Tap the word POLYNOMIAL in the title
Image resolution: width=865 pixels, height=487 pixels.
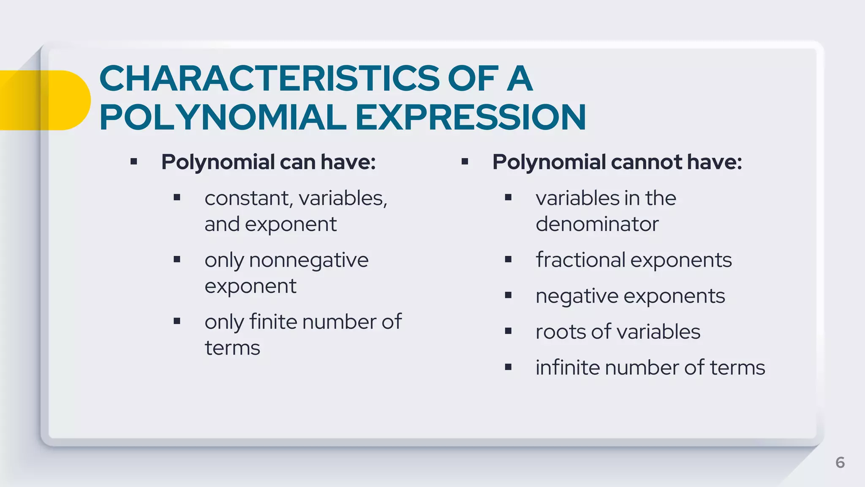pyautogui.click(x=223, y=118)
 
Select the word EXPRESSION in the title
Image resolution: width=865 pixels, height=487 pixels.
pyautogui.click(x=470, y=118)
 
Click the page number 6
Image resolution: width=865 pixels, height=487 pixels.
pyautogui.click(x=840, y=462)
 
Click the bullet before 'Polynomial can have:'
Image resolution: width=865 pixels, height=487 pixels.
pyautogui.click(x=134, y=161)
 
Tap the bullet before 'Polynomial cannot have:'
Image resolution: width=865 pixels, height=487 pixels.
pyautogui.click(x=465, y=161)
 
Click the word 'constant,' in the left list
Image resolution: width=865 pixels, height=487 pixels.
pyautogui.click(x=248, y=198)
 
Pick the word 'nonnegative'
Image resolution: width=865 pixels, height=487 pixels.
pyautogui.click(x=308, y=260)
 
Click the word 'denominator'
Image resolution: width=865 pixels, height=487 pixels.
pyautogui.click(x=597, y=224)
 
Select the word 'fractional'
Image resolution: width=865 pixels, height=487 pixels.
pyautogui.click(x=580, y=260)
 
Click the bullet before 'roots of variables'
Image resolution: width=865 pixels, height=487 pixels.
pyautogui.click(x=508, y=331)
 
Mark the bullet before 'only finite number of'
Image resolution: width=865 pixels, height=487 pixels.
pyautogui.click(x=177, y=322)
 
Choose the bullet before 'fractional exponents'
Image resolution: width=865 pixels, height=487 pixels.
pyautogui.click(x=508, y=260)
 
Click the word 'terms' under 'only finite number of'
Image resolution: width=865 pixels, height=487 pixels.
pyautogui.click(x=232, y=348)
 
